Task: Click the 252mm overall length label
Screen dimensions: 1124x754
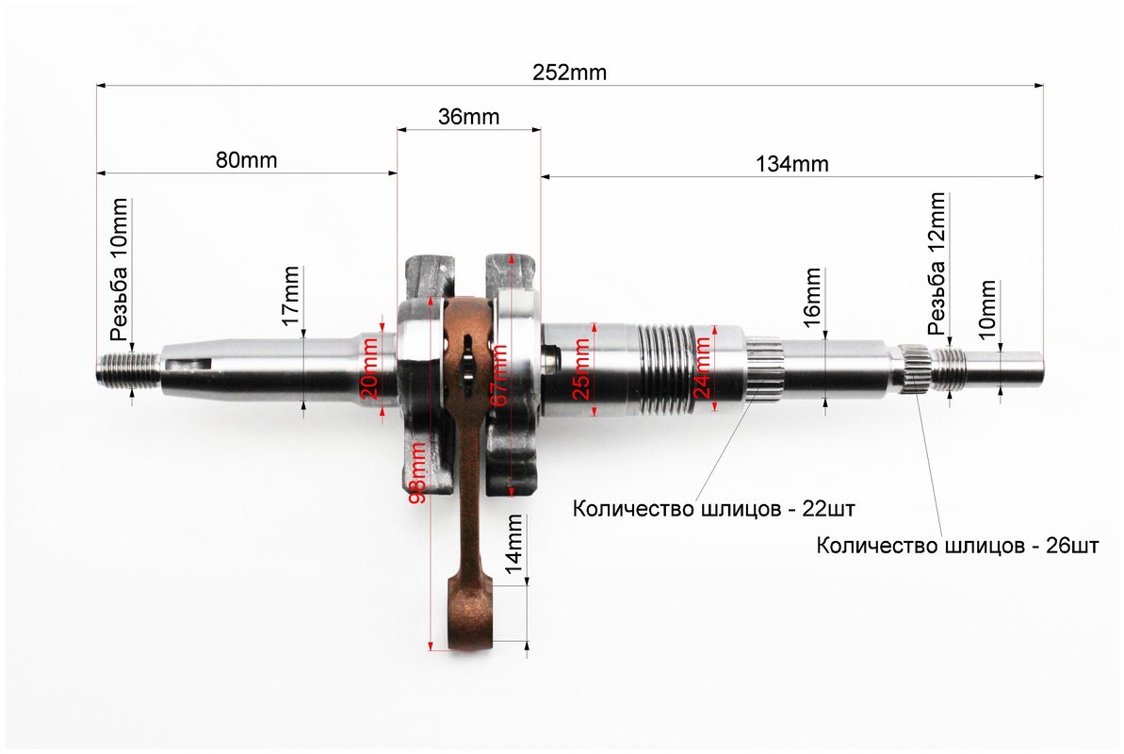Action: pyautogui.click(x=569, y=73)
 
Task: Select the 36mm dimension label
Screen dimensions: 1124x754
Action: pyautogui.click(x=469, y=116)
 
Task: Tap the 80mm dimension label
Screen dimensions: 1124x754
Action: pyautogui.click(x=247, y=159)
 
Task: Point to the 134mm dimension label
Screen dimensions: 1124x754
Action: pyautogui.click(x=792, y=164)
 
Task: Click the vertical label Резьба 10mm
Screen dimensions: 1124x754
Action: pyautogui.click(x=119, y=270)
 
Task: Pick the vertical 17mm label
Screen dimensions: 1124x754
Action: pyautogui.click(x=290, y=295)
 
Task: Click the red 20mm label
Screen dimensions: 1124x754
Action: pyautogui.click(x=370, y=369)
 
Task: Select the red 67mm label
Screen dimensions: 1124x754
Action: pyautogui.click(x=499, y=374)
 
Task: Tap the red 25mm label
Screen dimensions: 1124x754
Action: pyautogui.click(x=581, y=369)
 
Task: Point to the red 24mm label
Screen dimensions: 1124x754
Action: pyautogui.click(x=703, y=368)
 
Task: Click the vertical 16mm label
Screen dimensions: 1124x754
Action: pyautogui.click(x=812, y=297)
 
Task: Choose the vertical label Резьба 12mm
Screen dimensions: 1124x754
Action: pyautogui.click(x=937, y=264)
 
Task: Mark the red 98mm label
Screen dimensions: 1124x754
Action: pyautogui.click(x=417, y=471)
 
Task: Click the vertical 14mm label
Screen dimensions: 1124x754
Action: pyautogui.click(x=514, y=544)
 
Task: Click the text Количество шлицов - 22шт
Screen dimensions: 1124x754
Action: pyautogui.click(x=713, y=509)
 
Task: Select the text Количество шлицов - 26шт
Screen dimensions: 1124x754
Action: pyautogui.click(x=957, y=545)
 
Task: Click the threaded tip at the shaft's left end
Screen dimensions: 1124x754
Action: pyautogui.click(x=127, y=369)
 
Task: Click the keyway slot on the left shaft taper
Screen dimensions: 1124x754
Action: pyautogui.click(x=188, y=364)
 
